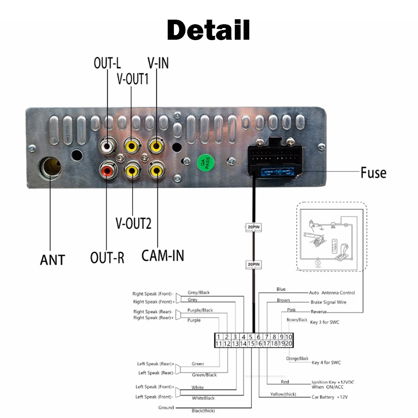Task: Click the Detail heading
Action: point(208,30)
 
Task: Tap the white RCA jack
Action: point(107,146)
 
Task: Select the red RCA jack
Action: point(107,170)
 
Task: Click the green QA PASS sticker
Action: point(206,164)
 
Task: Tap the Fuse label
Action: point(373,173)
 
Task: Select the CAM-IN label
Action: point(163,255)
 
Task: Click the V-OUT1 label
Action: point(133,79)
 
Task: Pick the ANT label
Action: point(52,260)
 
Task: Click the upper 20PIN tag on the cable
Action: point(253,228)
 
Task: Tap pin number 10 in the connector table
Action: point(289,337)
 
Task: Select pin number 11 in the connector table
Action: point(218,344)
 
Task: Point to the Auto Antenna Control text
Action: point(332,293)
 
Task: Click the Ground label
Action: point(166,408)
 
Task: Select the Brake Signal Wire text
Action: point(329,302)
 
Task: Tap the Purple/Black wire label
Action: point(200,310)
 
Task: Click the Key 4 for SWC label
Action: point(326,362)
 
